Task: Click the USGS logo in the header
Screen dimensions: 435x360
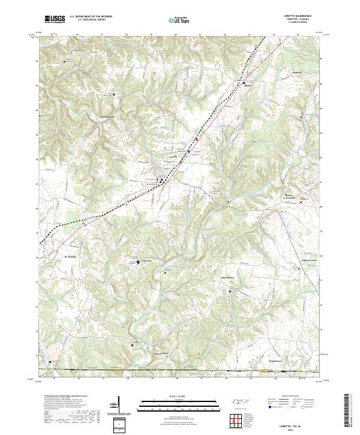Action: (55, 19)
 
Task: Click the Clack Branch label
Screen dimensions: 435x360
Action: (106, 116)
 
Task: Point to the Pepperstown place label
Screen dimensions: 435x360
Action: (275, 362)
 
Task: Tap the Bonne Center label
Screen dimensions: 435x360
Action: (292, 196)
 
